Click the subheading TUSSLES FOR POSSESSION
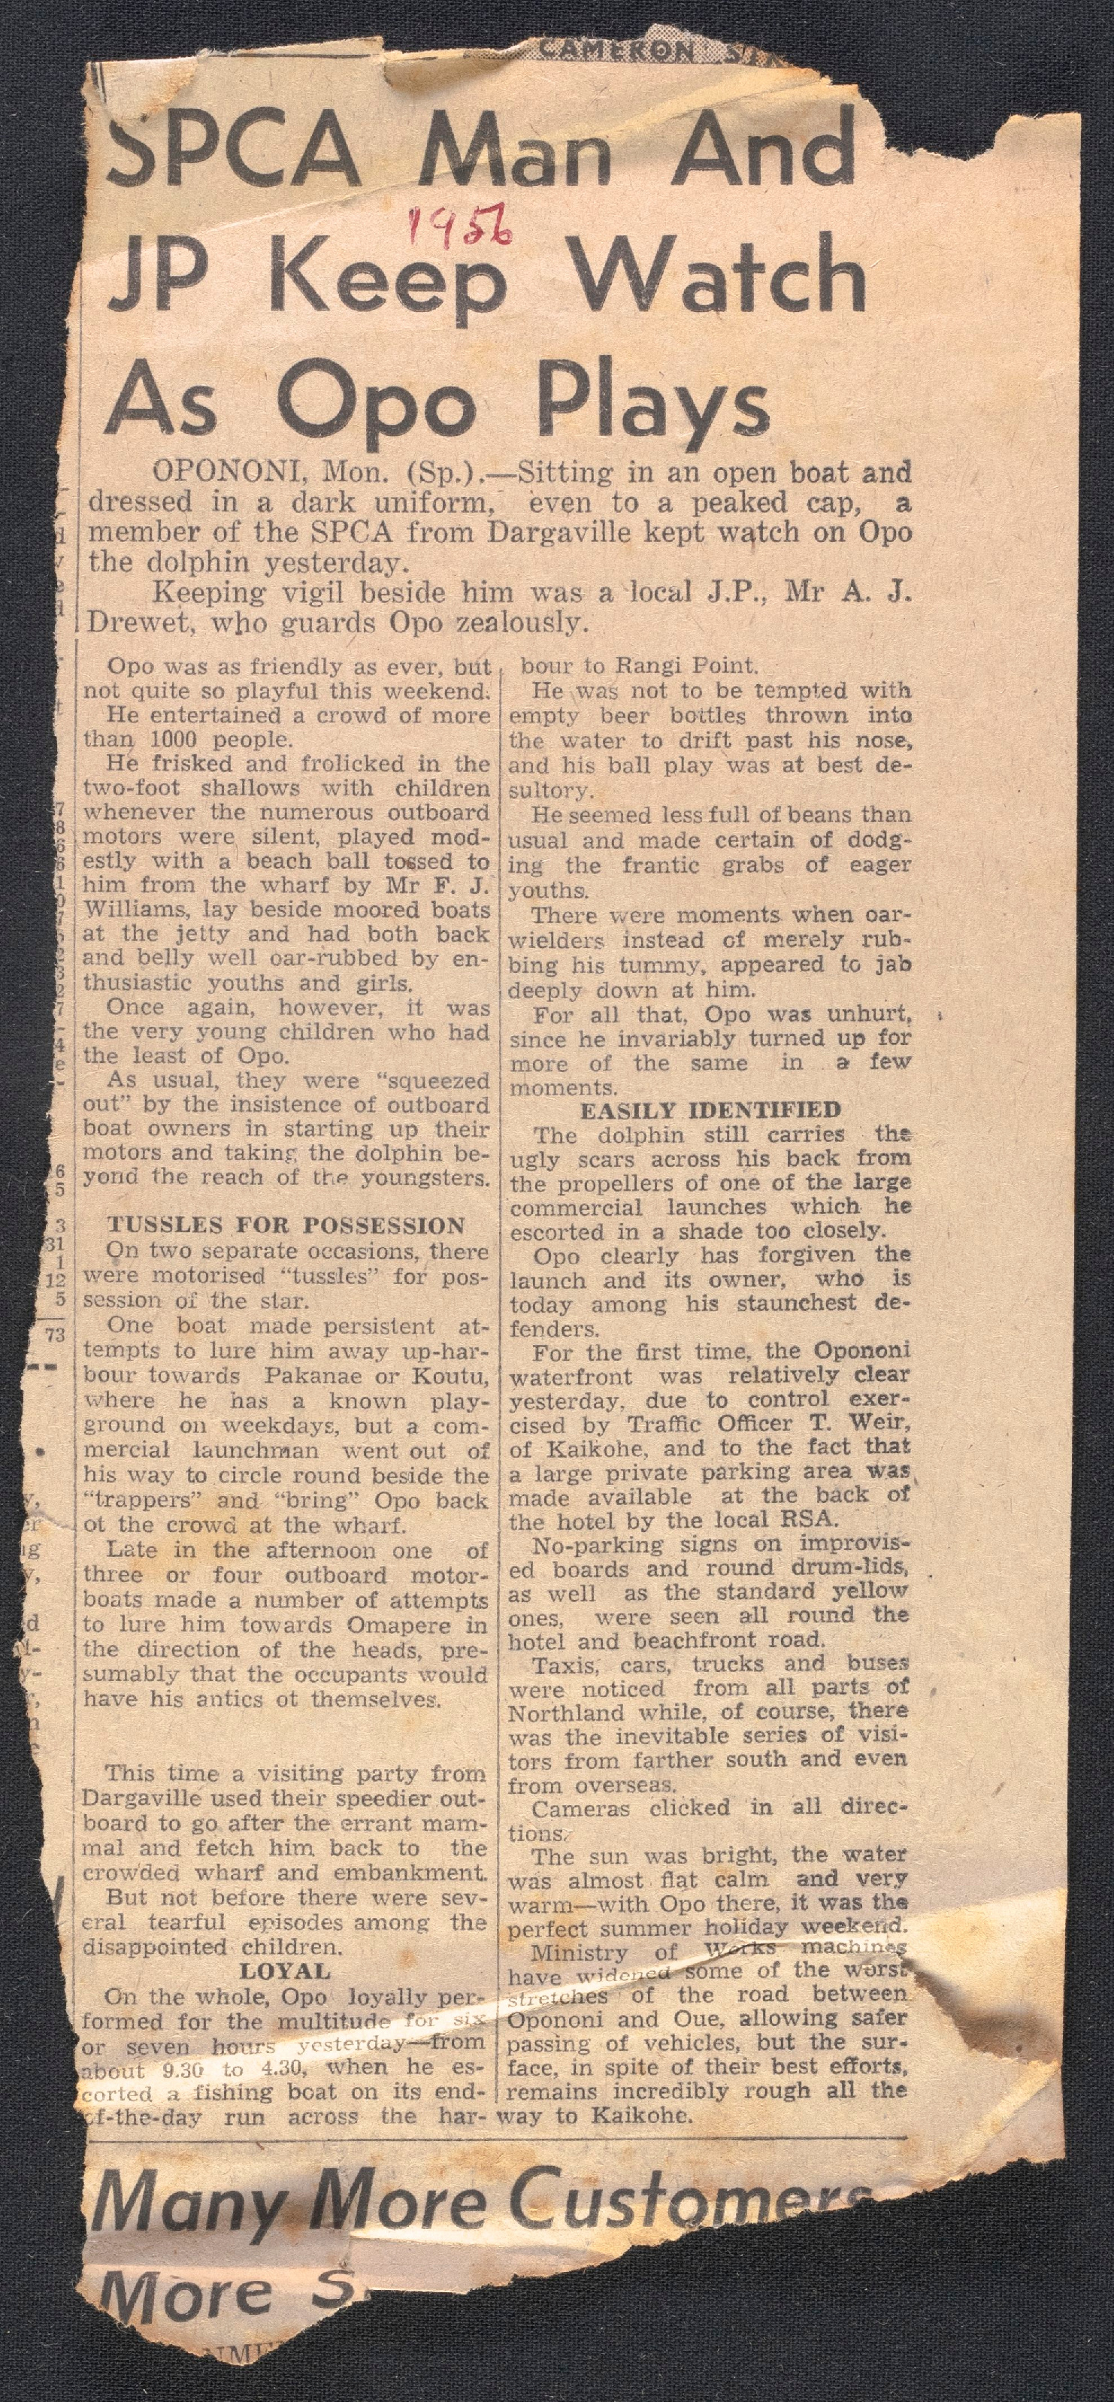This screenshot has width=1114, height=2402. pyautogui.click(x=285, y=1226)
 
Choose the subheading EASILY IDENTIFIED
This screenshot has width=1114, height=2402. pyautogui.click(x=710, y=1110)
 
